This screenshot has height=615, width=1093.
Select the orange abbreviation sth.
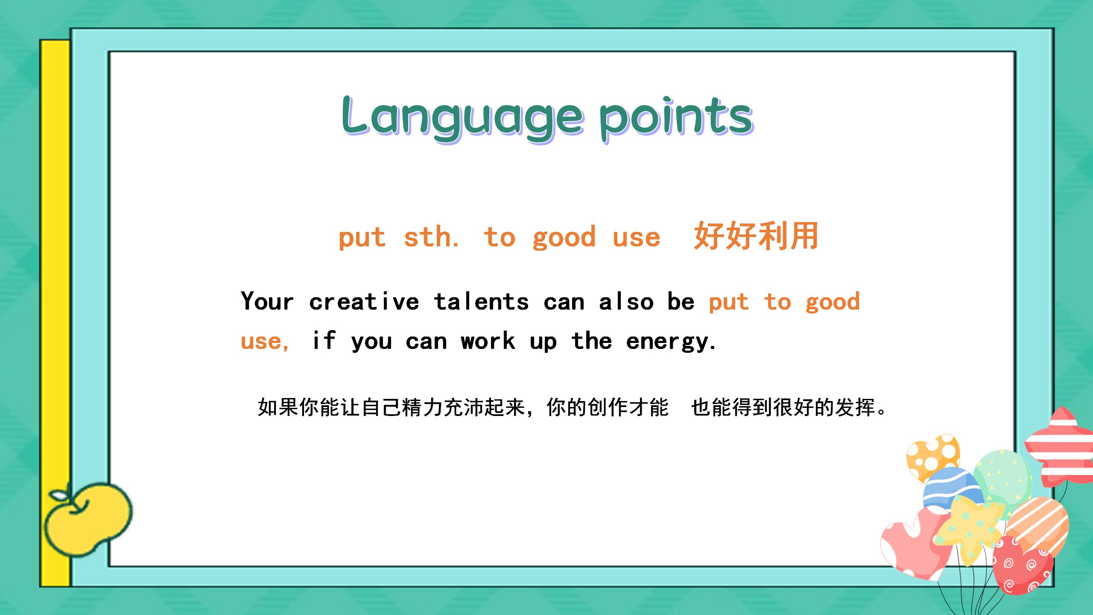click(431, 237)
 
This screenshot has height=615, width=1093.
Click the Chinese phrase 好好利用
click(756, 236)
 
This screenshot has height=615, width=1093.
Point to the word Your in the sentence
click(267, 301)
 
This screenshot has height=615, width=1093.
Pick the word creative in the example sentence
click(364, 301)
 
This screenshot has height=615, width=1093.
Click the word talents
click(481, 301)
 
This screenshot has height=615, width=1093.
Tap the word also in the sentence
click(626, 301)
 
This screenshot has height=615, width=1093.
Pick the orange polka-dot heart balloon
click(932, 457)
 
